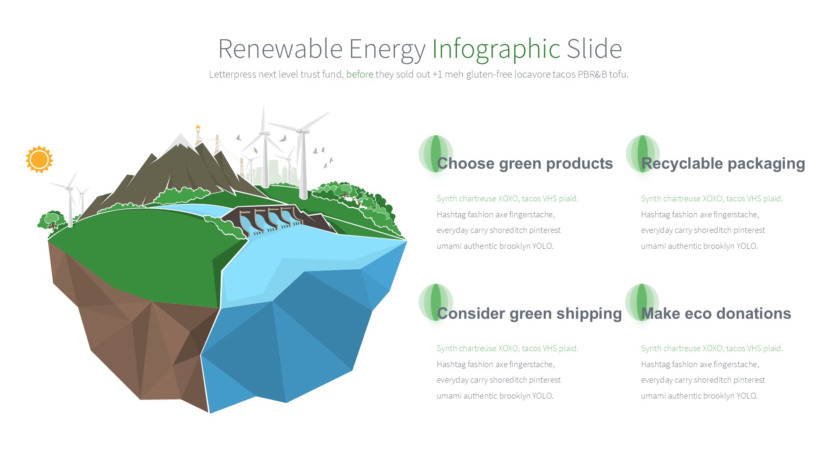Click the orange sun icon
point(39,159)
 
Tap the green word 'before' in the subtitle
point(360,74)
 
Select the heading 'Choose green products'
point(525,163)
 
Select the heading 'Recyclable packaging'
point(723,163)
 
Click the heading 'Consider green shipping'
point(529,313)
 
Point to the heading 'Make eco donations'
point(716,313)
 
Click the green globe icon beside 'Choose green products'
point(436,154)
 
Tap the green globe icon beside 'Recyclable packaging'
point(643,154)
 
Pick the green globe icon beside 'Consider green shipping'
point(436,302)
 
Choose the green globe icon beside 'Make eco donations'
point(642,302)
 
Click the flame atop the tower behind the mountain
point(198,127)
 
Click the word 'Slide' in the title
point(594,49)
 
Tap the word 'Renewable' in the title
point(280,49)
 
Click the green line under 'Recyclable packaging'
point(712,198)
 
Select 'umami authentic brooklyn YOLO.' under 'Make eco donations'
point(699,396)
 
